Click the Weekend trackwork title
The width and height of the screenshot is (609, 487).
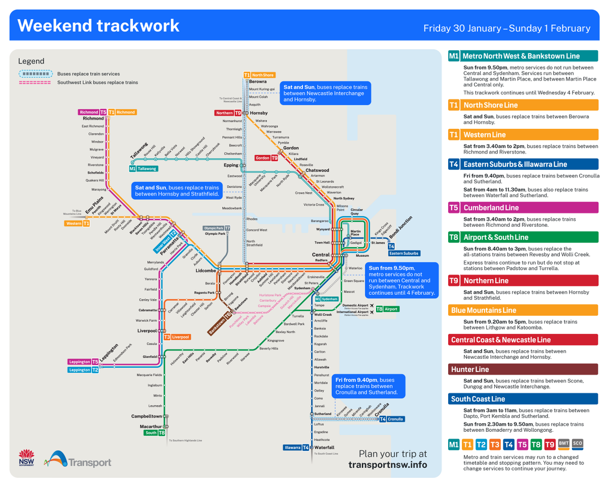pyautogui.click(x=98, y=25)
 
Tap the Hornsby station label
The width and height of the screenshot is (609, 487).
pyautogui.click(x=259, y=113)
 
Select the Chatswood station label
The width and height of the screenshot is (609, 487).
pyautogui.click(x=317, y=170)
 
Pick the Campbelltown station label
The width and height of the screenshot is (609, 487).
pyautogui.click(x=146, y=416)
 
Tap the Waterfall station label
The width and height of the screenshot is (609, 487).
pyautogui.click(x=324, y=447)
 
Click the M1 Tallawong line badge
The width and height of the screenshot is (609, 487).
pyautogui.click(x=144, y=168)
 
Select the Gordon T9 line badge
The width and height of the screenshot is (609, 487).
pyautogui.click(x=266, y=158)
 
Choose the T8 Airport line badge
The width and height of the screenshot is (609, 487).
pyautogui.click(x=387, y=308)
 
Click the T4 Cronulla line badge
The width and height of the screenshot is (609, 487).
pyautogui.click(x=392, y=419)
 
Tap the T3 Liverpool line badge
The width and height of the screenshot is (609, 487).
pyautogui.click(x=177, y=337)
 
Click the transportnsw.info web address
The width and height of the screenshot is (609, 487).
pyautogui.click(x=388, y=465)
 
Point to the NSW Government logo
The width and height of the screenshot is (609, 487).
pyautogui.click(x=26, y=459)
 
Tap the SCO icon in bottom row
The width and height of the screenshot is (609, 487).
pyautogui.click(x=578, y=444)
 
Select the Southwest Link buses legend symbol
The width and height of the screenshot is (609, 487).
pyautogui.click(x=35, y=82)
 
